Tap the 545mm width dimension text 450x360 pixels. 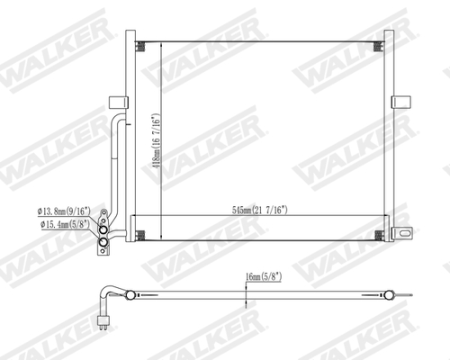point(260,209)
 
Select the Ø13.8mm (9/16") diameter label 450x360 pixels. point(63,211)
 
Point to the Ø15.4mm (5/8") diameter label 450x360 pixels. point(63,223)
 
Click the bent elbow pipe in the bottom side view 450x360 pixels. point(110,298)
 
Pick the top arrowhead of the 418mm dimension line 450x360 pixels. point(159,45)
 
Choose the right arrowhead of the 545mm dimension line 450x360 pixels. point(382,214)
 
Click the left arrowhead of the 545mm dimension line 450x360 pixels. point(136,214)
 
